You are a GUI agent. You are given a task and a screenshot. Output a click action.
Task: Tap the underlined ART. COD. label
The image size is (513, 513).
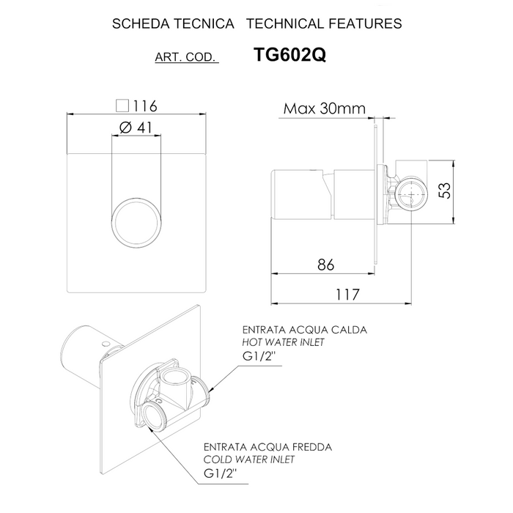click(187, 58)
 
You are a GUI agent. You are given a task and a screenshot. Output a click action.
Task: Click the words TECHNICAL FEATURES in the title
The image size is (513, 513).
click(325, 23)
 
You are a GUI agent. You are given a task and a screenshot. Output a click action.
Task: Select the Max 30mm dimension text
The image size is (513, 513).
click(325, 109)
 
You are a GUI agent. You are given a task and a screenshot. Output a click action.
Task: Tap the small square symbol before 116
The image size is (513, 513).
click(122, 106)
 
